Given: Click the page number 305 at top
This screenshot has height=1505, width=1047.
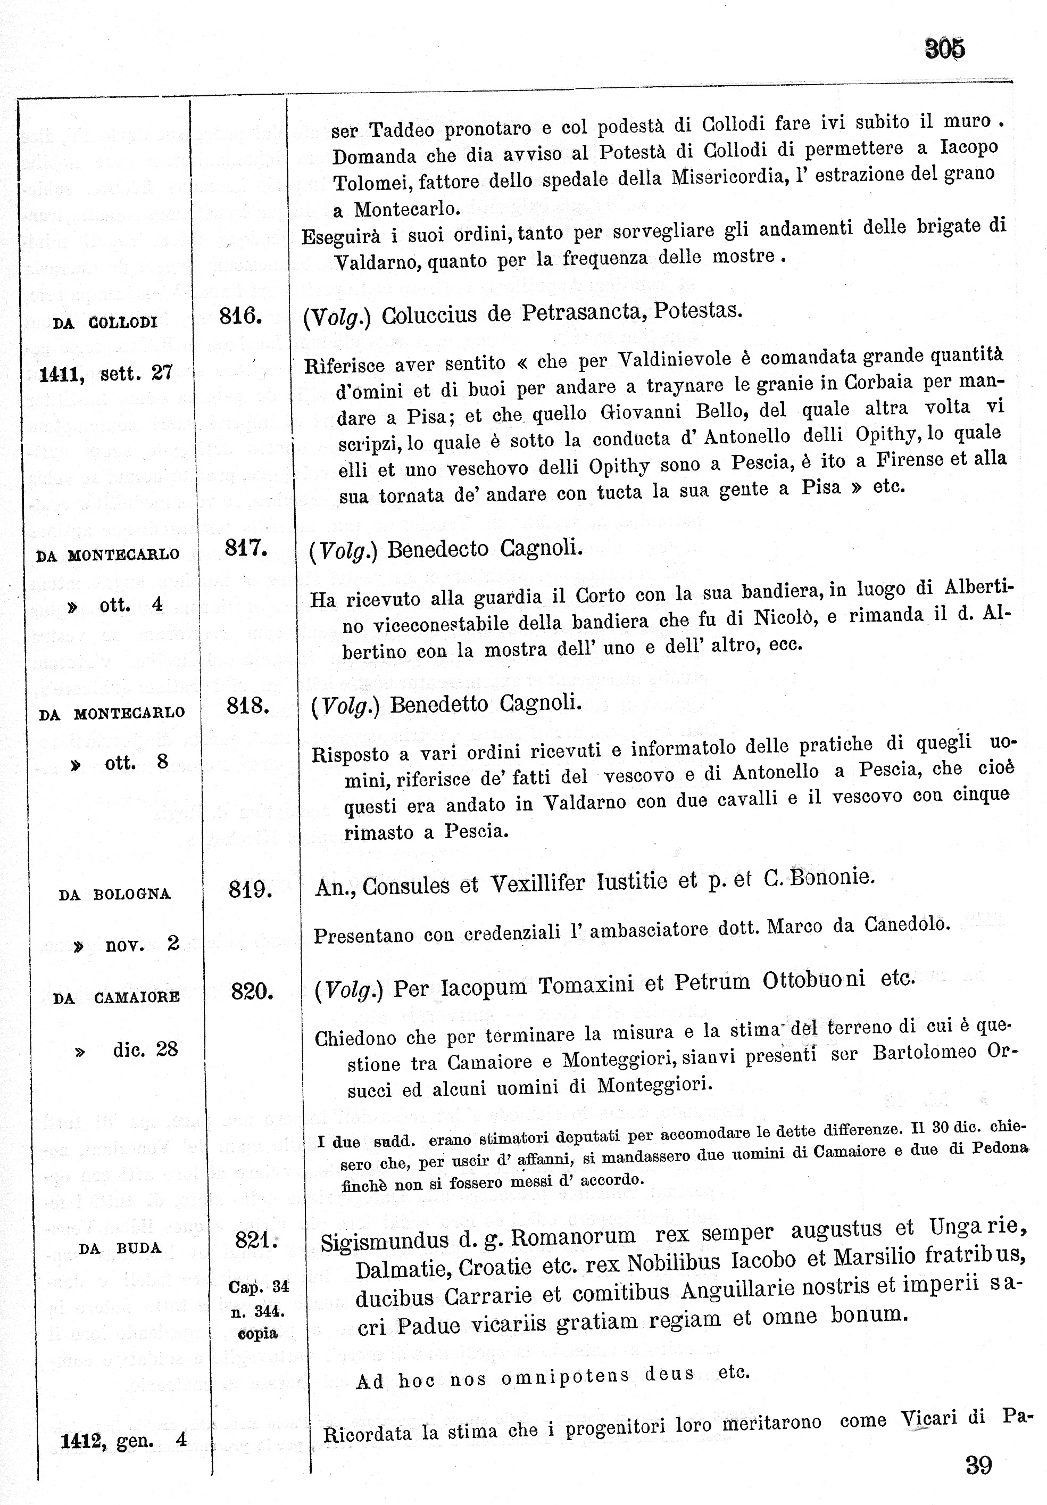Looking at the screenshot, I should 944,48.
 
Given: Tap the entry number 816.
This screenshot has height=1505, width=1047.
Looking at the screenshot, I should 240,317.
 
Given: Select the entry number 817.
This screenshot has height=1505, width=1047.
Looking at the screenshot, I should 246,548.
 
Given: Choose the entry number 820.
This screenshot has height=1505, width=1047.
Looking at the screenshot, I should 252,991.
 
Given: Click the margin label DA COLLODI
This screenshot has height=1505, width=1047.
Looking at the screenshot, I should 105,322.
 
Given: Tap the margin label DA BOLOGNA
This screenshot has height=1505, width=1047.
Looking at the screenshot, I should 115,895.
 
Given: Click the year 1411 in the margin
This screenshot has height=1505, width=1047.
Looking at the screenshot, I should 62,374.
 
